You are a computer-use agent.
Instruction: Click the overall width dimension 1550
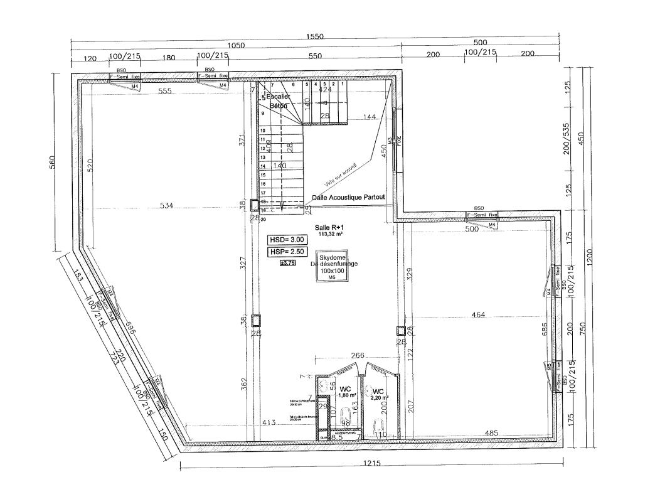tap(315, 37)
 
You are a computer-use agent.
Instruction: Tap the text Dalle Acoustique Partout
tap(348, 198)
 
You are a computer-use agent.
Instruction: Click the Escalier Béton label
tap(278, 102)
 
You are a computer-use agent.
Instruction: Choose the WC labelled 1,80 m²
tap(343, 391)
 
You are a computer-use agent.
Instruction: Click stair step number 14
tap(263, 166)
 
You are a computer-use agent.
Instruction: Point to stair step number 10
tap(263, 131)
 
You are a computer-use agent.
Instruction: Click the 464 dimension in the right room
tap(478, 314)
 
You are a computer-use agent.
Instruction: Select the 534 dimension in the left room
tap(166, 205)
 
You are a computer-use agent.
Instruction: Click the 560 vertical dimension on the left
tap(53, 163)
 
